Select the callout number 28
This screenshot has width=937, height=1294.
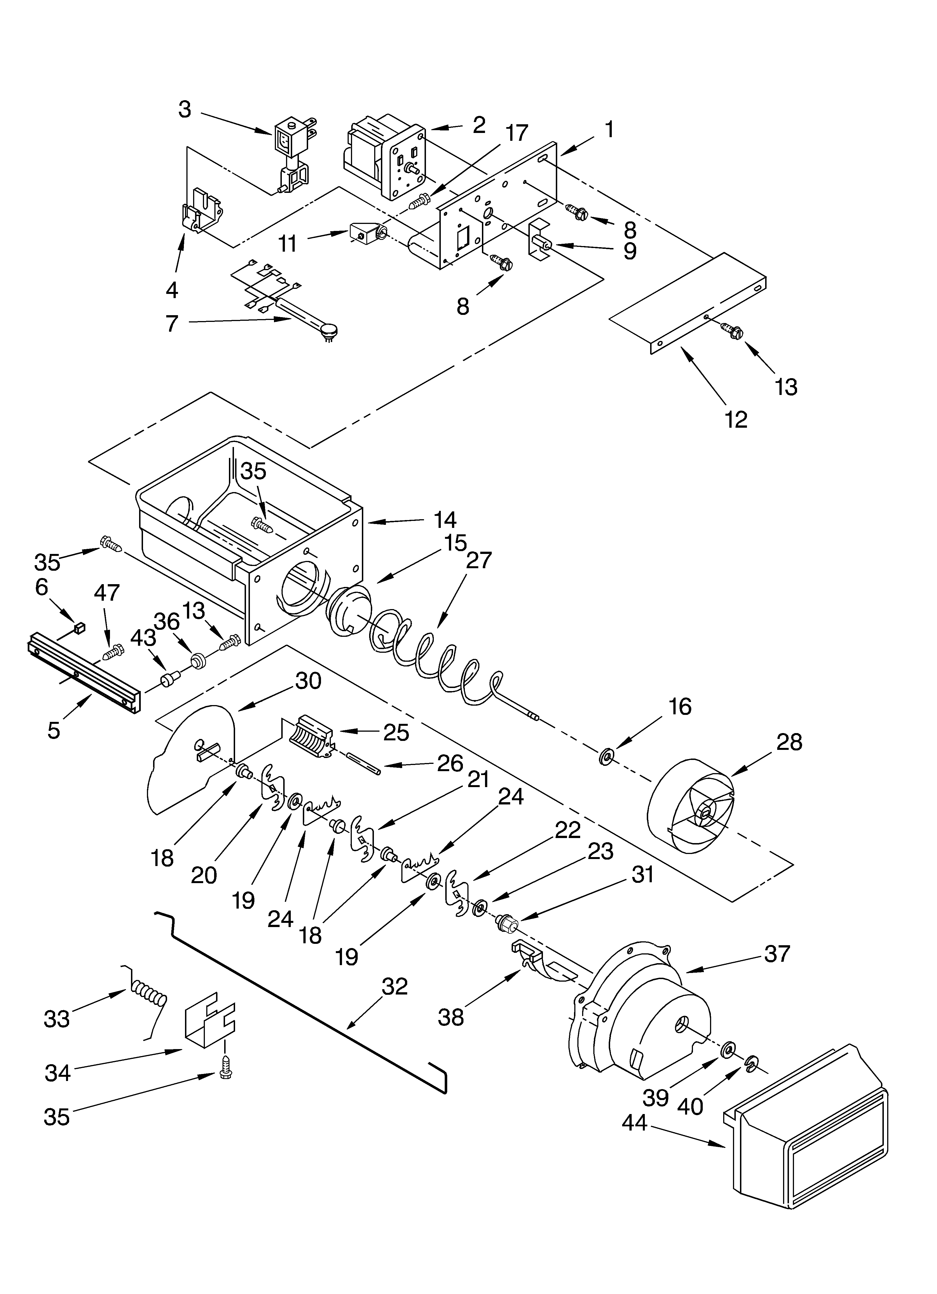[789, 742]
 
